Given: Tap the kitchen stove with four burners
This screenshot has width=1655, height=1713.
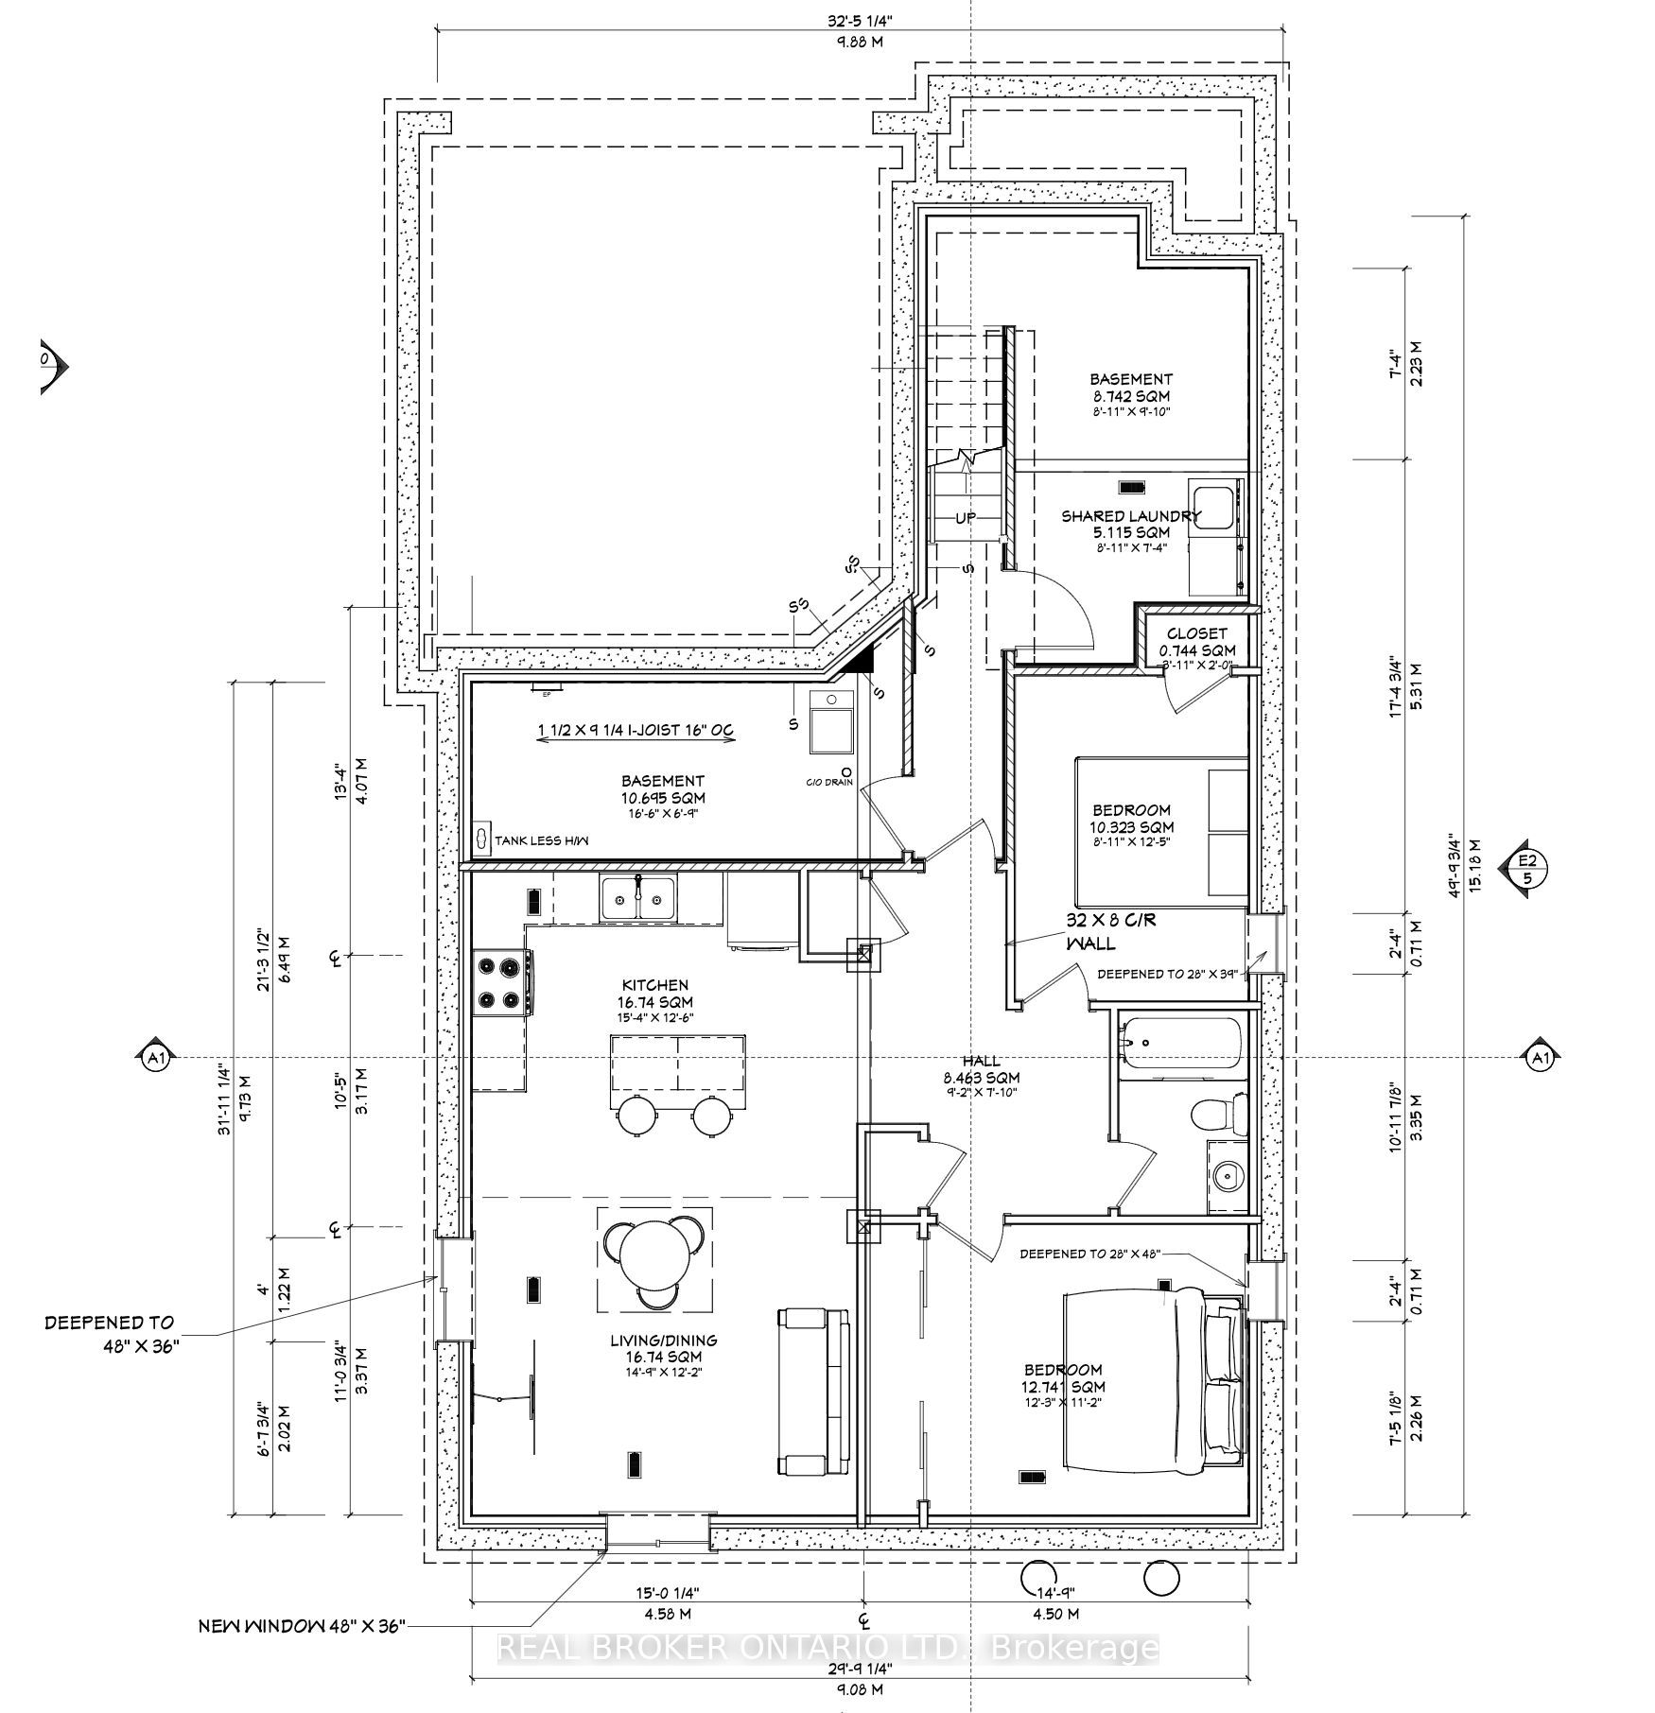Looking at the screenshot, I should (x=501, y=981).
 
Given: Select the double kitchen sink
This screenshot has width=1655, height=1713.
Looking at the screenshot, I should (x=637, y=897).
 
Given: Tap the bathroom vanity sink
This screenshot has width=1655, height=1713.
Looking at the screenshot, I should (x=1228, y=1177).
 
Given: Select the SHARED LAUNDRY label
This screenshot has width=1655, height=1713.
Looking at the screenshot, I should (x=1130, y=516).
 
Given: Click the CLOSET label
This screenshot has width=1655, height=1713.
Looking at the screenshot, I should (x=1196, y=633).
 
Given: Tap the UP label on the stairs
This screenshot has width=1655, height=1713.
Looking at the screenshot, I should (x=965, y=518).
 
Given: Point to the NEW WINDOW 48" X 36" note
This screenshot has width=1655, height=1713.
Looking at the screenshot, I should (x=302, y=1626).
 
